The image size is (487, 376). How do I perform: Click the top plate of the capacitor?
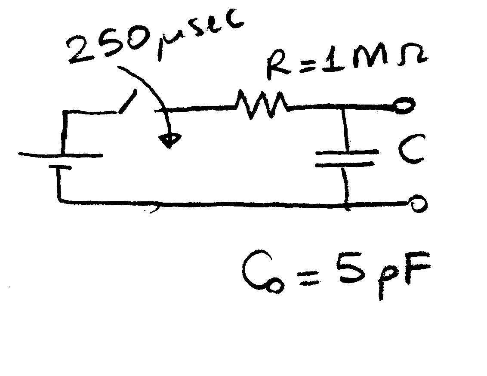pyautogui.click(x=347, y=152)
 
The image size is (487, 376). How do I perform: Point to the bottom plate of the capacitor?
pyautogui.click(x=344, y=164)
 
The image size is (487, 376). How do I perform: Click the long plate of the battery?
pyautogui.click(x=60, y=154)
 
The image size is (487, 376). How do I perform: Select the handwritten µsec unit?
pyautogui.click(x=198, y=32)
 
